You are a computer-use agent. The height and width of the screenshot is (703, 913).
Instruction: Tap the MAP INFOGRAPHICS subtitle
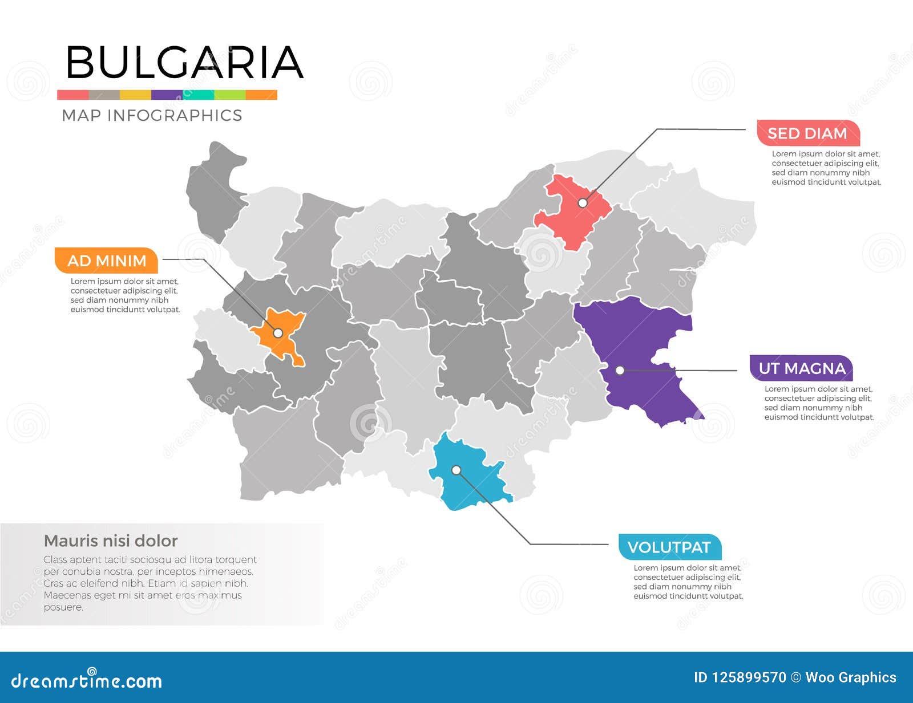(x=152, y=115)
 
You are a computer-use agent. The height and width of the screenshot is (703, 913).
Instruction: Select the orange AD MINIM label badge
(x=106, y=261)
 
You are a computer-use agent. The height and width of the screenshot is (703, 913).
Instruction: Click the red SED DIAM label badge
(x=807, y=133)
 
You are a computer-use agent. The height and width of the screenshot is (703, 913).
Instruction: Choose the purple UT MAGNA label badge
(x=801, y=368)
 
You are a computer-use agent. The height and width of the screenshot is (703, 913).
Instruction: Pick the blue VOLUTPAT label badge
(x=669, y=547)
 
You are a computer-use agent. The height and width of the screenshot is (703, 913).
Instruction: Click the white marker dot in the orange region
(x=278, y=333)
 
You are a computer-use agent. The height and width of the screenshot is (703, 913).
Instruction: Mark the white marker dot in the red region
(x=583, y=203)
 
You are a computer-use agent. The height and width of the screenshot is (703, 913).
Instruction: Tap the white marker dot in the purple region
(x=620, y=371)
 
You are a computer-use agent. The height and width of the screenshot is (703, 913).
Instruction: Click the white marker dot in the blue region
(x=457, y=470)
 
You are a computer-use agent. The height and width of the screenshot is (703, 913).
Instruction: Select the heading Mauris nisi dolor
(x=111, y=541)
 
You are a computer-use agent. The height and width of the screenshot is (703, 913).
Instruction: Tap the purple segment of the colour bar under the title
(x=167, y=95)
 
